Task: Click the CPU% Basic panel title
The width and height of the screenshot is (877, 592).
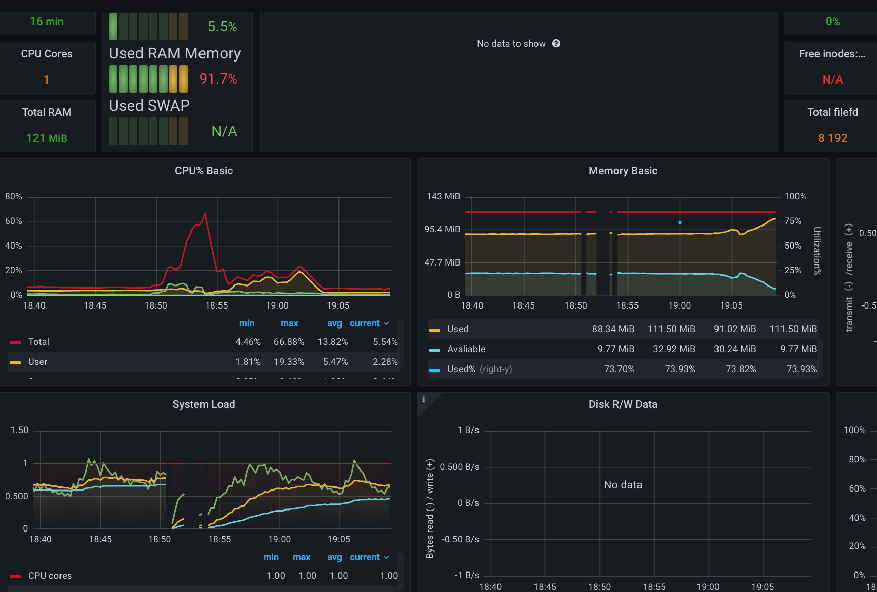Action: tap(204, 171)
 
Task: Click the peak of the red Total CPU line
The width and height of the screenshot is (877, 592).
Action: tap(205, 213)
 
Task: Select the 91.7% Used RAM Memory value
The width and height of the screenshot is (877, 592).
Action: tap(218, 79)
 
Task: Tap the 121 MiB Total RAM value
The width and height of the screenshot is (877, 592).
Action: tap(47, 138)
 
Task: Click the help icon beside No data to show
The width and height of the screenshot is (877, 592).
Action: tap(556, 44)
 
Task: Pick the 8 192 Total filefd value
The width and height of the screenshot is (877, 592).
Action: tap(832, 138)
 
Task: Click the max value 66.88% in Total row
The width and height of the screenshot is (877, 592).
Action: tap(289, 342)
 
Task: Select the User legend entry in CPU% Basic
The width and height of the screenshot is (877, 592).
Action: tap(37, 362)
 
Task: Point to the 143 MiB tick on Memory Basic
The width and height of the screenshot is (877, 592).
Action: tap(443, 196)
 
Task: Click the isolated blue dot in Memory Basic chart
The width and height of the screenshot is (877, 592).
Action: tap(680, 222)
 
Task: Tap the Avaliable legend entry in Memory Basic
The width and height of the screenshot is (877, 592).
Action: tap(466, 349)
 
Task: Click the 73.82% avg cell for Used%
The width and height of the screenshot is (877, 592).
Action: tap(741, 369)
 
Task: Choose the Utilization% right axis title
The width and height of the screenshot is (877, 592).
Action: tap(816, 251)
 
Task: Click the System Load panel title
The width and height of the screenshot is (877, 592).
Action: tap(204, 404)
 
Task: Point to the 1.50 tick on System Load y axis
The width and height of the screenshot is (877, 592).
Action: tap(19, 430)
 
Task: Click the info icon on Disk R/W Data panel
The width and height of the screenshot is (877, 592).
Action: tap(423, 399)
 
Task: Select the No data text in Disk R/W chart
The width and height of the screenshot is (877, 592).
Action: tap(623, 485)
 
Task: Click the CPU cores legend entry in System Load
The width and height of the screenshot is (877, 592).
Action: tap(50, 576)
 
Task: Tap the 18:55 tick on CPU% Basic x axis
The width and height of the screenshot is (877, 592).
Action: tap(216, 305)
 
